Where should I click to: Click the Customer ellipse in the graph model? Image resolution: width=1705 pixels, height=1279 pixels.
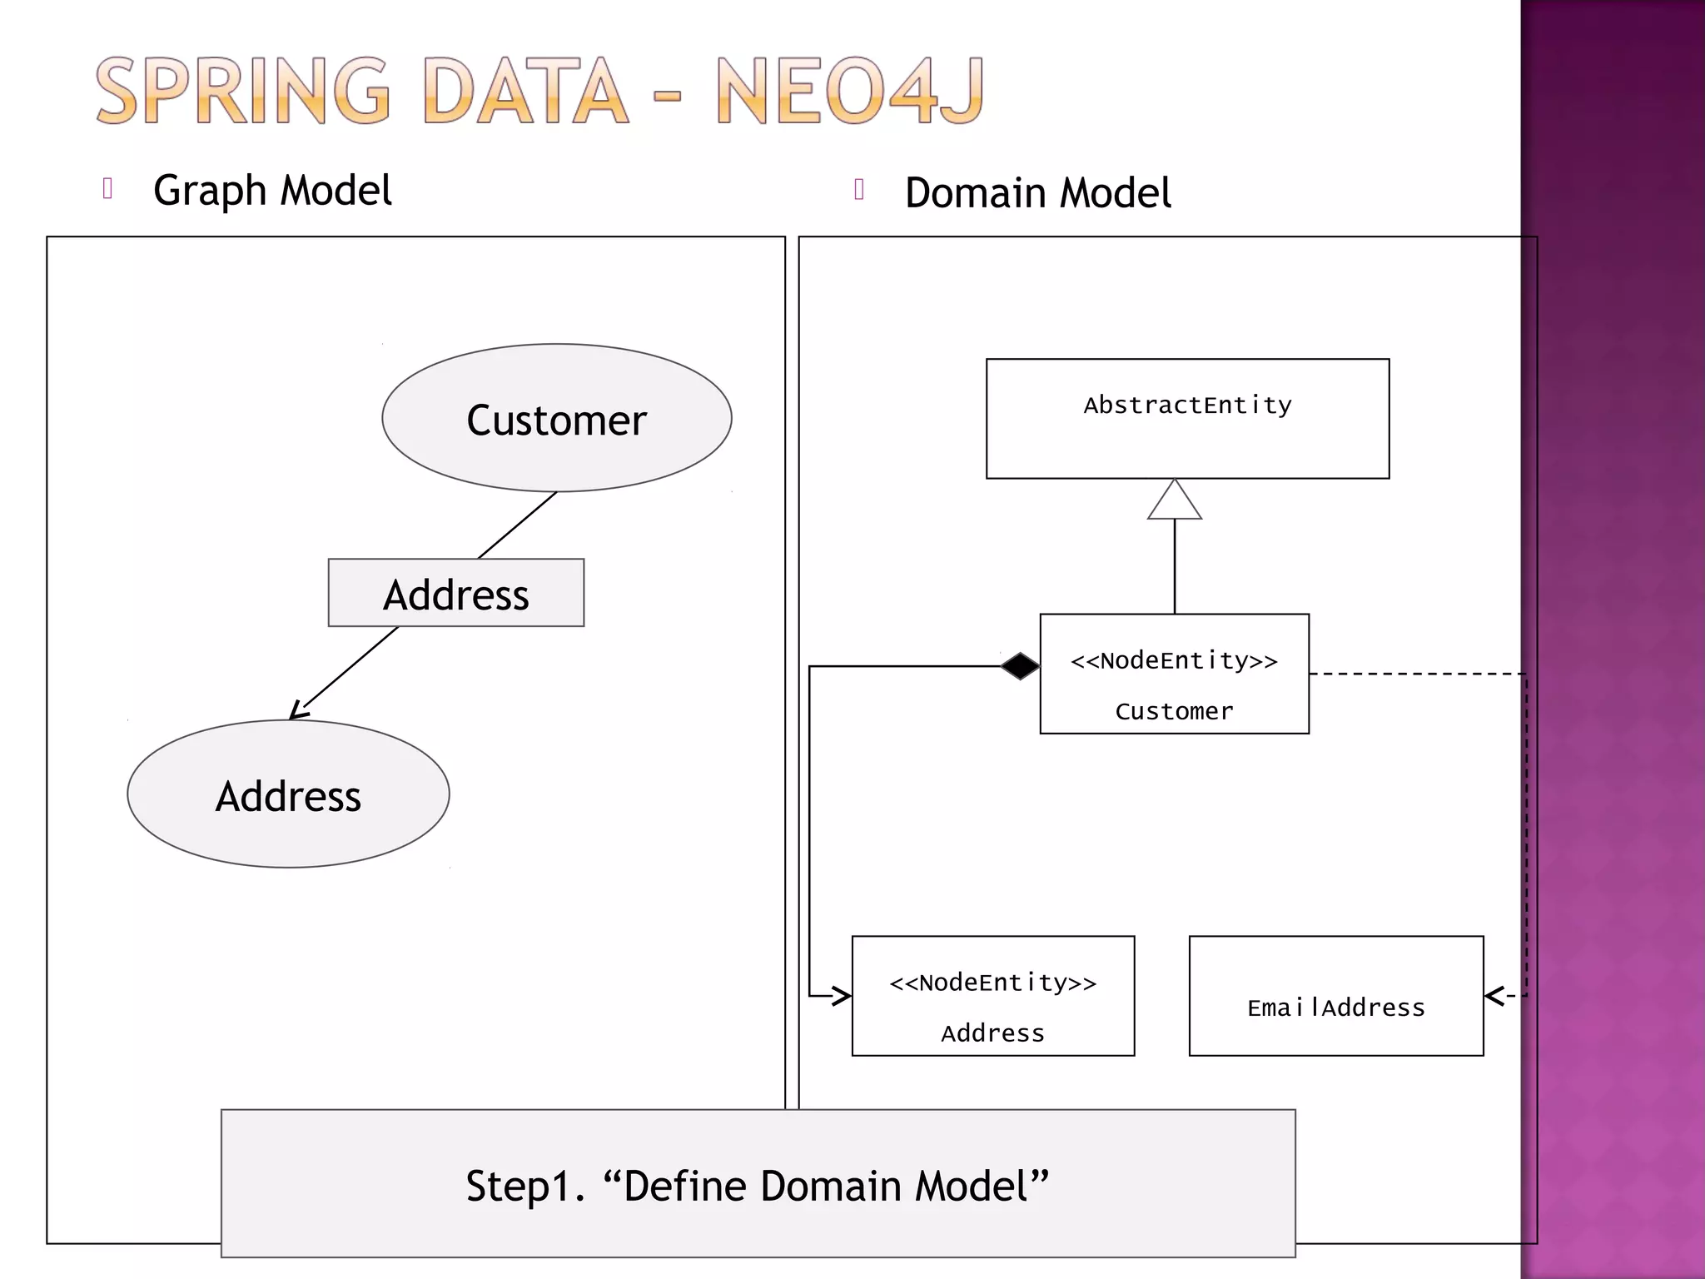coord(556,418)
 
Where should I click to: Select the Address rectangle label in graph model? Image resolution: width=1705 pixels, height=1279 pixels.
coord(455,593)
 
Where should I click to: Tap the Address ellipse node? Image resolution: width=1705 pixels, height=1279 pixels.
coord(288,794)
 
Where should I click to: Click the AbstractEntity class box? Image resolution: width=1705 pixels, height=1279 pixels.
coord(1187,418)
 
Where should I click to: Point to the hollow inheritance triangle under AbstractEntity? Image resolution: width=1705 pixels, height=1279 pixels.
coord(1174,501)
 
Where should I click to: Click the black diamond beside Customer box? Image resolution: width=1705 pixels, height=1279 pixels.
coord(1020,666)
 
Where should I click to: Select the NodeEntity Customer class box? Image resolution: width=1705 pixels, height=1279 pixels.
coord(1174,674)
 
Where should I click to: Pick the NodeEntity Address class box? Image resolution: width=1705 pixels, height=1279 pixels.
coord(992,996)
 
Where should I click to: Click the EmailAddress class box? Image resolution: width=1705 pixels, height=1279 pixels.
coord(1335,996)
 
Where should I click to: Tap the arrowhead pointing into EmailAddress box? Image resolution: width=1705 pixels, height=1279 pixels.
coord(1494,996)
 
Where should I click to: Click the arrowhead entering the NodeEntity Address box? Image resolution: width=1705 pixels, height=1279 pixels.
coord(843,996)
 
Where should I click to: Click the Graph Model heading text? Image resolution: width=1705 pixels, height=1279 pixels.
coord(272,191)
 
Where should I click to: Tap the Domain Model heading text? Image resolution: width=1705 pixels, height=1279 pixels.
coord(1037,193)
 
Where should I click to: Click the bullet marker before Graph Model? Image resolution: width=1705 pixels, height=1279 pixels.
coord(107,188)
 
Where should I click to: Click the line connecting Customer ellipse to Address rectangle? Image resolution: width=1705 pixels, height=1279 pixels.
coord(517,525)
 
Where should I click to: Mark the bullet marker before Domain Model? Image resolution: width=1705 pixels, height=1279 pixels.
coord(859,190)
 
